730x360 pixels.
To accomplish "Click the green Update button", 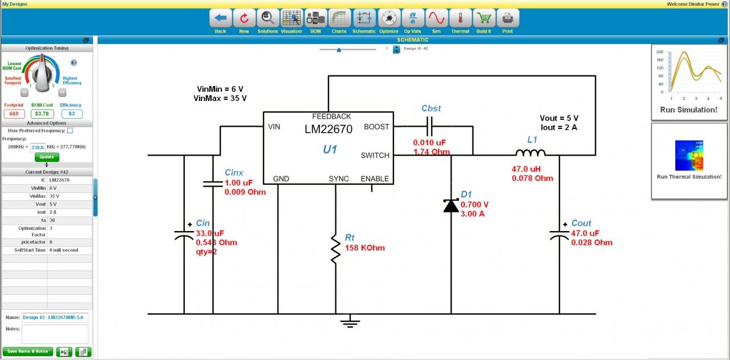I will point(47,157).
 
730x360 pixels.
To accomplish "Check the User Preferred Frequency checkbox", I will point(70,131).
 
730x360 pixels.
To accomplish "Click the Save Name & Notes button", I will point(28,351).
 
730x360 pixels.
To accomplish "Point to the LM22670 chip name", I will point(328,129).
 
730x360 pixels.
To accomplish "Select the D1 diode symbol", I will point(451,205).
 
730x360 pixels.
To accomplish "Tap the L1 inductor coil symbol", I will point(530,153).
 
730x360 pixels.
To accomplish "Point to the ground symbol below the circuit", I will point(350,323).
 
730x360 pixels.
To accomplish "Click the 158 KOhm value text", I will point(364,248).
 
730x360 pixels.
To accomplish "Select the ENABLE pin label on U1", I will point(375,179).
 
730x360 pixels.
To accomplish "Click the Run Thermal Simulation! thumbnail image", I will point(689,155).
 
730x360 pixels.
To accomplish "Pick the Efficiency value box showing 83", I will point(71,114).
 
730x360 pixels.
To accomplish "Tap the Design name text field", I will point(55,318).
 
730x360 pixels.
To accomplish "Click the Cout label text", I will point(581,223).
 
